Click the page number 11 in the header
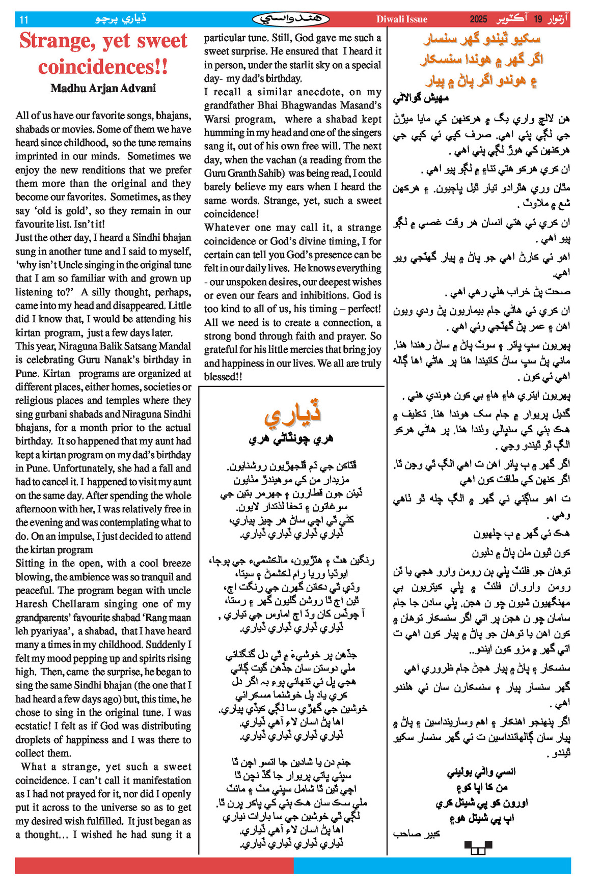tap(23, 20)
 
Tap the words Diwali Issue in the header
tap(401, 19)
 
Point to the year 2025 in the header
tap(478, 19)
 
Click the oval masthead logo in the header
tap(291, 19)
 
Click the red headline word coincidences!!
tap(103, 67)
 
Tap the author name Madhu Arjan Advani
tap(103, 88)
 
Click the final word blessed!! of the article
tap(223, 377)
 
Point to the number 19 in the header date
tap(538, 19)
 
